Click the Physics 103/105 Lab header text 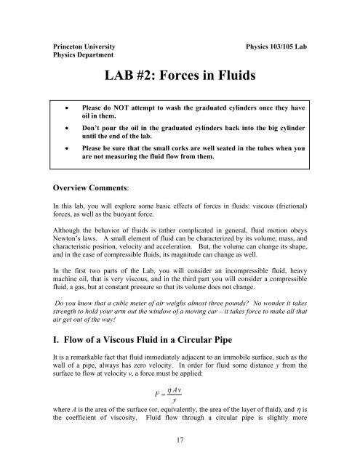[280, 44]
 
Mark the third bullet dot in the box [68, 157]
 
